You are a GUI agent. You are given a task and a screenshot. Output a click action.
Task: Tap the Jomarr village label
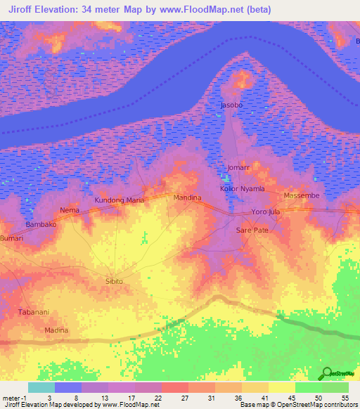[239, 168]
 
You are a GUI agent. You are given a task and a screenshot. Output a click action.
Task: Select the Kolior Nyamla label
[243, 189]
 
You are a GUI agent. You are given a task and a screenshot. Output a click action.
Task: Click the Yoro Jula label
[266, 212]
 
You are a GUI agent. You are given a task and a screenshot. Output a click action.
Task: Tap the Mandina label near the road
[187, 197]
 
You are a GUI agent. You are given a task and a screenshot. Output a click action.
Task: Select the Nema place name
[70, 210]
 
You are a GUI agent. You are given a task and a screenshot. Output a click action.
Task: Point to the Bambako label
[41, 224]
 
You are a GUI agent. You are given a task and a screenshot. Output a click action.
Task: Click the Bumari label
[12, 238]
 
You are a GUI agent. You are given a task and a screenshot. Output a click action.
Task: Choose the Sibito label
[114, 281]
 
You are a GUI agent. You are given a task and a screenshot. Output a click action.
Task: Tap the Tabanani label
[33, 312]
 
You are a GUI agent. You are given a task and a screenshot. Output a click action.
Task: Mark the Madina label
[57, 330]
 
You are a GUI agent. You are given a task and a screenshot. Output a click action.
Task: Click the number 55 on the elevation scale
[345, 398]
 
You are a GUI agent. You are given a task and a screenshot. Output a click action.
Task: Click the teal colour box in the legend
[41, 387]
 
